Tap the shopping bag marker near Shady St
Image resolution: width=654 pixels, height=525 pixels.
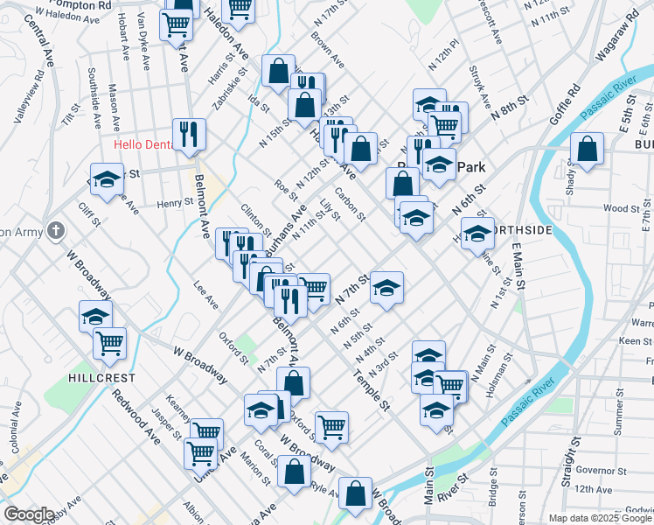[586, 150]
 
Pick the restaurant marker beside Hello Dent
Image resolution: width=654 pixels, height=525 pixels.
[189, 134]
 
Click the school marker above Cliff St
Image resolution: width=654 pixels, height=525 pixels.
[107, 180]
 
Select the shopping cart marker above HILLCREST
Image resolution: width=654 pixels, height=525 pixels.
[109, 343]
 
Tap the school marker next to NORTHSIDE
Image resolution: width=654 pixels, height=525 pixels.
[477, 234]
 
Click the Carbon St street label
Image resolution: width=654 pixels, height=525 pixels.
[348, 205]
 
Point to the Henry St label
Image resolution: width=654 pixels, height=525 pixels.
[175, 203]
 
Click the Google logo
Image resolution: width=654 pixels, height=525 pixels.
[29, 514]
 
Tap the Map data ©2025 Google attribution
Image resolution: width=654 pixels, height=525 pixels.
[600, 518]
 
